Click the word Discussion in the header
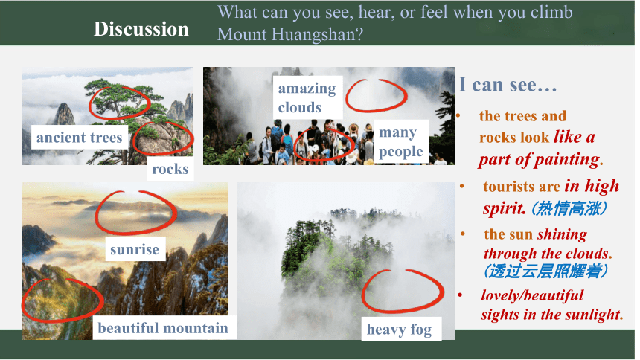pos(141,30)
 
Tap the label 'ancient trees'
pos(80,137)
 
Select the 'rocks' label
pos(170,169)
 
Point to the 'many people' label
pos(401,141)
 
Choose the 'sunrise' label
pos(135,249)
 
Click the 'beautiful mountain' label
pos(163,328)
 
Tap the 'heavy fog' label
pos(399,329)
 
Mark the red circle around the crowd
pos(295,144)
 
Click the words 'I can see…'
pos(508,85)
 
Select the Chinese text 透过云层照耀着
pos(546,271)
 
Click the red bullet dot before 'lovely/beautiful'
pos(461,295)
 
